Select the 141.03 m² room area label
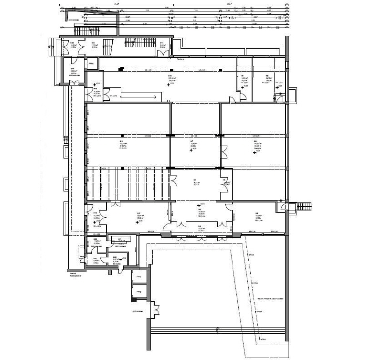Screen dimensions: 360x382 click(x=257, y=143)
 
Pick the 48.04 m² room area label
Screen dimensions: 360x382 click(x=140, y=214)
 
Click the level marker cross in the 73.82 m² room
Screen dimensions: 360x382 click(x=191, y=150)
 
